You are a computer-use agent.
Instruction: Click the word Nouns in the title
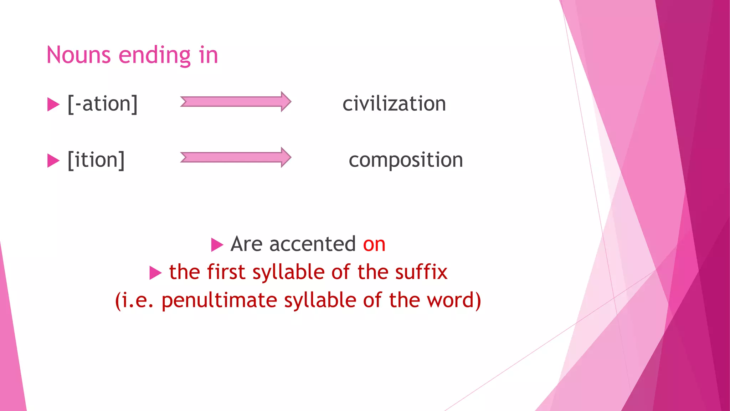tap(79, 55)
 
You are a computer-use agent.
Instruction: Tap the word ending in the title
tap(155, 56)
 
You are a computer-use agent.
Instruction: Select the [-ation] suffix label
tap(103, 104)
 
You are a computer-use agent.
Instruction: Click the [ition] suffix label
tap(96, 159)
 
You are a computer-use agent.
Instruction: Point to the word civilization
tap(394, 104)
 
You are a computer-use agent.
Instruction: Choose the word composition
tap(406, 160)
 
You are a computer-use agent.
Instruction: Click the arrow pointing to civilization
tap(236, 102)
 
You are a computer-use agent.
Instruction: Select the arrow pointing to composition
tap(236, 157)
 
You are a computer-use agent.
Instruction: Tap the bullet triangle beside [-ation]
tap(53, 105)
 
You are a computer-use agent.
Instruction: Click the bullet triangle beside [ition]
tap(53, 161)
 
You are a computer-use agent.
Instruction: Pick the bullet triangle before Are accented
tap(217, 245)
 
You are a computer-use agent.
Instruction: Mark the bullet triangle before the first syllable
tap(155, 273)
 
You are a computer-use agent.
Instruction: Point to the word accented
tap(312, 244)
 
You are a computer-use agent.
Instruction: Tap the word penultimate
tap(219, 300)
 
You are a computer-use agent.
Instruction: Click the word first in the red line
tap(226, 272)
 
